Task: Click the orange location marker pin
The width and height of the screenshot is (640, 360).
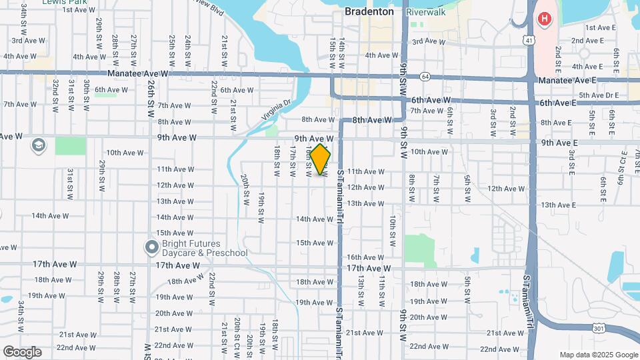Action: pyautogui.click(x=321, y=159)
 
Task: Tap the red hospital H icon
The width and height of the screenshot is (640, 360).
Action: pyautogui.click(x=545, y=19)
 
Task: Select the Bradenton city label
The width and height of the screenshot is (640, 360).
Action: pyautogui.click(x=369, y=11)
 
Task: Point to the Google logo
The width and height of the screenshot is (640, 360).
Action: pyautogui.click(x=22, y=351)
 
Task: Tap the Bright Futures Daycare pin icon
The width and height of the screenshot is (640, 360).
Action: pyautogui.click(x=151, y=247)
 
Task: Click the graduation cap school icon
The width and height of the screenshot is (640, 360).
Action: pyautogui.click(x=38, y=145)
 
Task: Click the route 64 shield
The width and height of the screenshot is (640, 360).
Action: pyautogui.click(x=425, y=76)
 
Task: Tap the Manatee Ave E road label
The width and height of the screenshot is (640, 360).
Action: pyautogui.click(x=567, y=80)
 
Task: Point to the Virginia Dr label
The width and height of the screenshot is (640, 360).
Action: pyautogui.click(x=277, y=110)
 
